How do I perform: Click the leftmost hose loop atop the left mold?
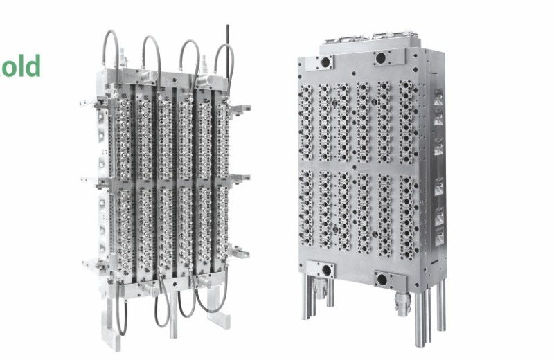[x=111, y=49]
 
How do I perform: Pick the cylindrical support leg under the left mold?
[x=173, y=314]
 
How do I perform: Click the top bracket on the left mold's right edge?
[x=240, y=109]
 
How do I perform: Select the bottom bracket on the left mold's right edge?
[x=240, y=251]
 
